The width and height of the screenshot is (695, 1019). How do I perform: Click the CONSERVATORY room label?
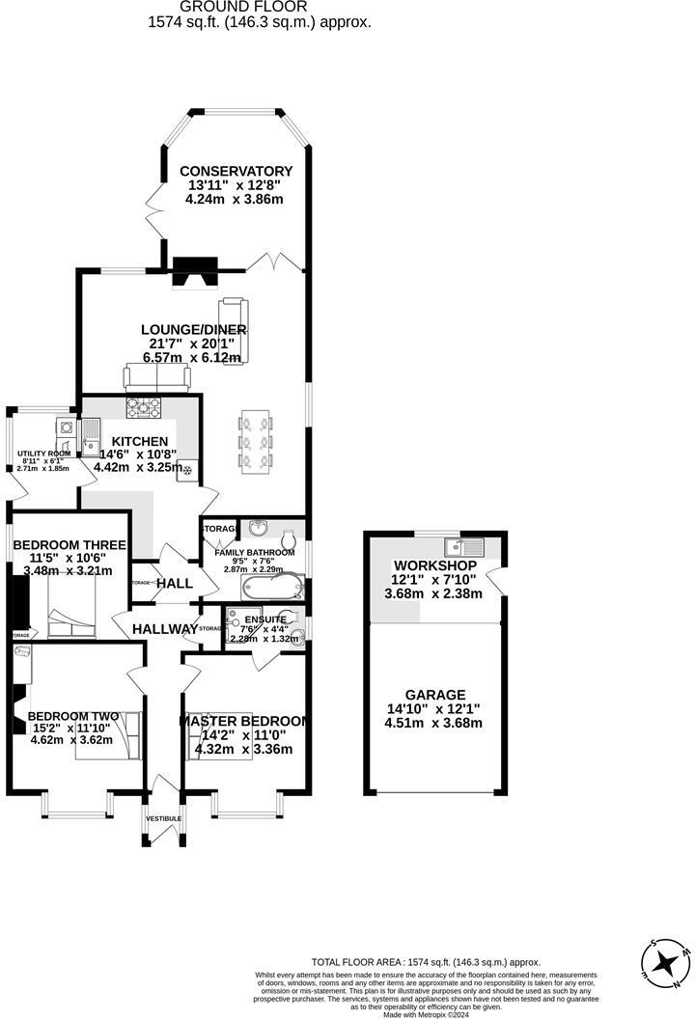(x=236, y=171)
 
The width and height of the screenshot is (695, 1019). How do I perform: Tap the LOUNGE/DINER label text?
(x=194, y=329)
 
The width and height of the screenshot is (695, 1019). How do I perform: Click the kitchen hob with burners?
(x=143, y=409)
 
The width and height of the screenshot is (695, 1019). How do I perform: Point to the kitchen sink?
(x=91, y=429)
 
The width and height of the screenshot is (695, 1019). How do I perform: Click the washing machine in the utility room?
(x=65, y=426)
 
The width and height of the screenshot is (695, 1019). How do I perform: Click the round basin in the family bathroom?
(x=257, y=530)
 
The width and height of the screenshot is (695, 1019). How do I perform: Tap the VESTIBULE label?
(x=163, y=818)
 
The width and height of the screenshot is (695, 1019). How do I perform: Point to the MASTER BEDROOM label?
(x=244, y=721)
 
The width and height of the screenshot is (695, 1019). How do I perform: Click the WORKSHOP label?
(x=434, y=565)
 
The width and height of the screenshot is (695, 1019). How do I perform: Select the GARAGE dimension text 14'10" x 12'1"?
(x=434, y=708)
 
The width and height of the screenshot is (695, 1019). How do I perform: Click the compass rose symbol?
(x=665, y=961)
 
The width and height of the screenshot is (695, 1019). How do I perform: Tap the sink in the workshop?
(x=468, y=542)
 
